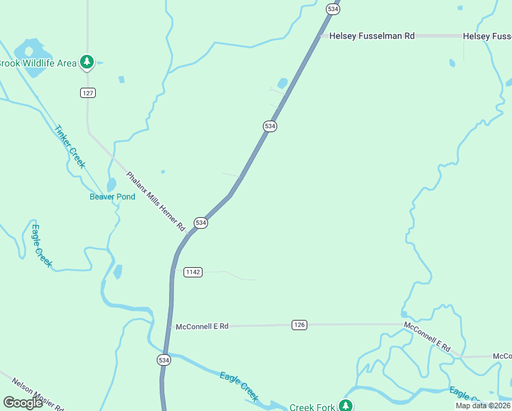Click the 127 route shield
point(87,92)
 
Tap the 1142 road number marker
point(193,272)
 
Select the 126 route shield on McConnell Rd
point(298,324)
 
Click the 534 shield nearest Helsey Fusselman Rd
point(333,9)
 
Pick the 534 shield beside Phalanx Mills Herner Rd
point(201,223)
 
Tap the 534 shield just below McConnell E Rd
point(164,360)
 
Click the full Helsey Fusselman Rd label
point(372,36)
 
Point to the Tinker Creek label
point(69,146)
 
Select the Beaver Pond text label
point(112,197)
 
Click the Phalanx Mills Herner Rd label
point(156,201)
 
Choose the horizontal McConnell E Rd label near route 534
point(201,327)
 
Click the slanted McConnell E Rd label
point(427,336)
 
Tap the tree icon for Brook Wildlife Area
point(86,62)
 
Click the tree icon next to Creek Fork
point(346,406)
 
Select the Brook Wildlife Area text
point(38,63)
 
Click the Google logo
point(23,403)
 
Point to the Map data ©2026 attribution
point(483,406)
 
